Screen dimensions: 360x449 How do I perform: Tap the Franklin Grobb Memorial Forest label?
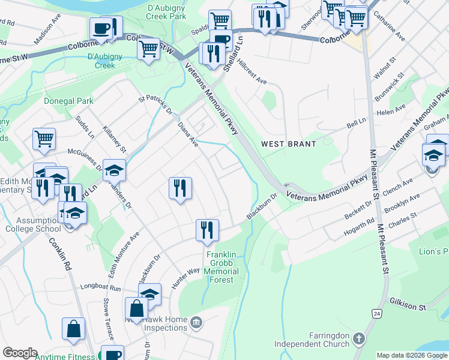pos(223,263)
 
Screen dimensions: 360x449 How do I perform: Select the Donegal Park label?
pos(68,101)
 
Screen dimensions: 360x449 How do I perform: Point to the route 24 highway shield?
pos(376,313)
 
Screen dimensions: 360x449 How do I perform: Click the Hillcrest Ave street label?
pos(252,71)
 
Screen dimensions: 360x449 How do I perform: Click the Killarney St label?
pos(115,139)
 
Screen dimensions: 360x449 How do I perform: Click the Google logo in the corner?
pos(19,353)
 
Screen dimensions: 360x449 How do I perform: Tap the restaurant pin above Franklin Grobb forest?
pos(206,230)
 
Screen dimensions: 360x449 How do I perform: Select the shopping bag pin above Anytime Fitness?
pos(73,329)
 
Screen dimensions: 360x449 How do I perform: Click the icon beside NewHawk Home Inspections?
pos(196,323)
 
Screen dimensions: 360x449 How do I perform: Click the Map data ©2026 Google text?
pos(411,355)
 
